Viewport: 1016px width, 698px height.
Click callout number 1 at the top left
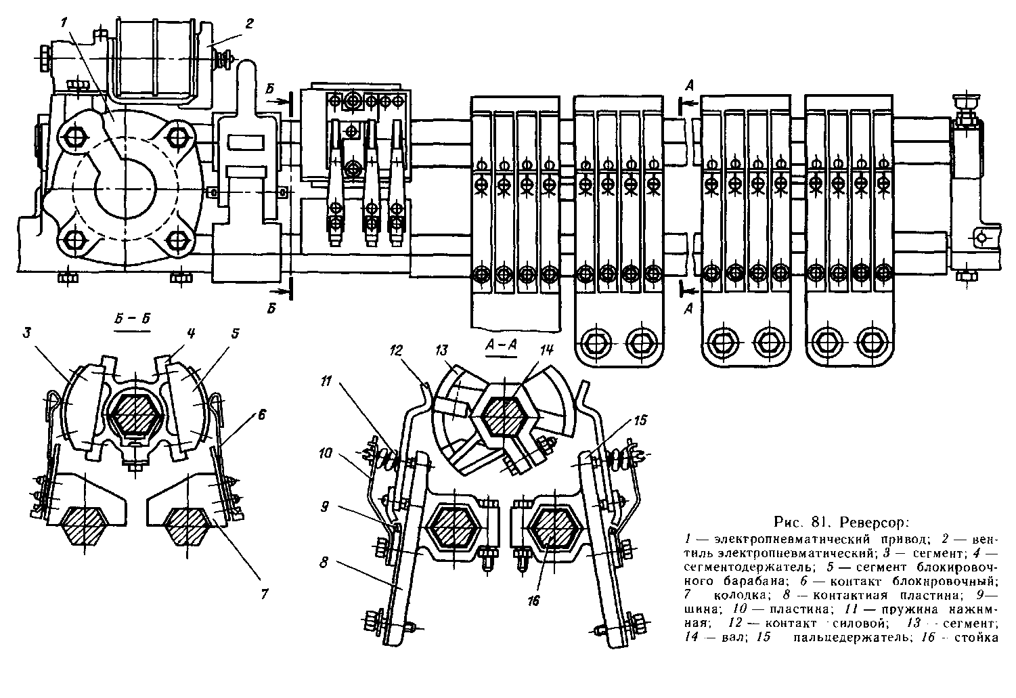coord(64,22)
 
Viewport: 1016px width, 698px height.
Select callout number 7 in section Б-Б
coord(264,594)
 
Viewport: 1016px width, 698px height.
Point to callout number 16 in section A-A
coord(534,601)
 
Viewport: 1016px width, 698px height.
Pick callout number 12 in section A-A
coord(397,351)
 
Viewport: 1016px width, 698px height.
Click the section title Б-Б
coord(131,322)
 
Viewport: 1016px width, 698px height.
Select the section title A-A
coord(502,344)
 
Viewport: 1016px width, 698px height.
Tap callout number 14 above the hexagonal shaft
coord(547,351)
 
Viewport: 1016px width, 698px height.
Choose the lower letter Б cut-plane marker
coord(272,308)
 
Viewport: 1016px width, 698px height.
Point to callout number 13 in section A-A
coord(442,351)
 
